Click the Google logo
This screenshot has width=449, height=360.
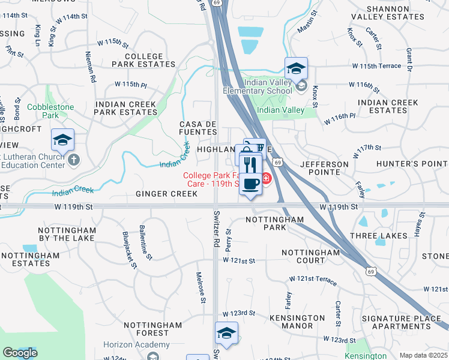[20, 353]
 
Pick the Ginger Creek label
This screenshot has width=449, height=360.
[166, 194]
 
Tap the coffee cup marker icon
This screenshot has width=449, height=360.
[250, 182]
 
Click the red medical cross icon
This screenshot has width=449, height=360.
[265, 179]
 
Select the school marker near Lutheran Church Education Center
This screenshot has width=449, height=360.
[62, 140]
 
